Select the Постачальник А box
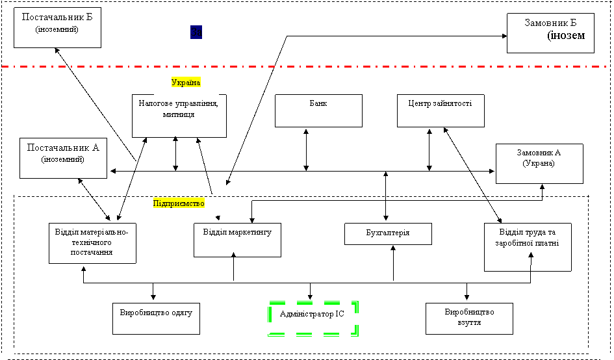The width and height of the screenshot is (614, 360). pyautogui.click(x=63, y=159)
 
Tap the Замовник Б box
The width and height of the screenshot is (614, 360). pyautogui.click(x=550, y=33)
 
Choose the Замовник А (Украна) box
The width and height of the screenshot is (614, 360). pyautogui.click(x=539, y=164)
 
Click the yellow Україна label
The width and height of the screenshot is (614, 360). pyautogui.click(x=186, y=83)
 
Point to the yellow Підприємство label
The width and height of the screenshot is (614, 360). pyautogui.click(x=179, y=203)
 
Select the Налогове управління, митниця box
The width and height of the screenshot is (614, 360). pyautogui.click(x=179, y=116)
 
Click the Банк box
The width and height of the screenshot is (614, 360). pyautogui.click(x=318, y=110)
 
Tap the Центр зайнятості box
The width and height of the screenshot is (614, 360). pyautogui.click(x=441, y=110)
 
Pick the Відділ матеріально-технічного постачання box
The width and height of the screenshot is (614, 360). pyautogui.click(x=92, y=243)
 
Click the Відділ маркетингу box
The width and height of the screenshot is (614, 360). pyautogui.click(x=237, y=240)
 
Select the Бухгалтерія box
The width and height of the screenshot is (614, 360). pyautogui.click(x=388, y=233)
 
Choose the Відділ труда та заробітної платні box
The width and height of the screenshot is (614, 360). pyautogui.click(x=528, y=247)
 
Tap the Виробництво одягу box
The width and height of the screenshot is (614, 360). pyautogui.click(x=156, y=318)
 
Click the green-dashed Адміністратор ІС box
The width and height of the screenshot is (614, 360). pyautogui.click(x=313, y=318)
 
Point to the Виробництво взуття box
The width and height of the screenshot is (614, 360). pyautogui.click(x=469, y=318)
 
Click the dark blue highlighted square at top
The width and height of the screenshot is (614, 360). pyautogui.click(x=196, y=32)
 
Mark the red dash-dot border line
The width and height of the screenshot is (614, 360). pyautogui.click(x=305, y=66)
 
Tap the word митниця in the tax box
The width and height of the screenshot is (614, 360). pyautogui.click(x=179, y=114)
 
